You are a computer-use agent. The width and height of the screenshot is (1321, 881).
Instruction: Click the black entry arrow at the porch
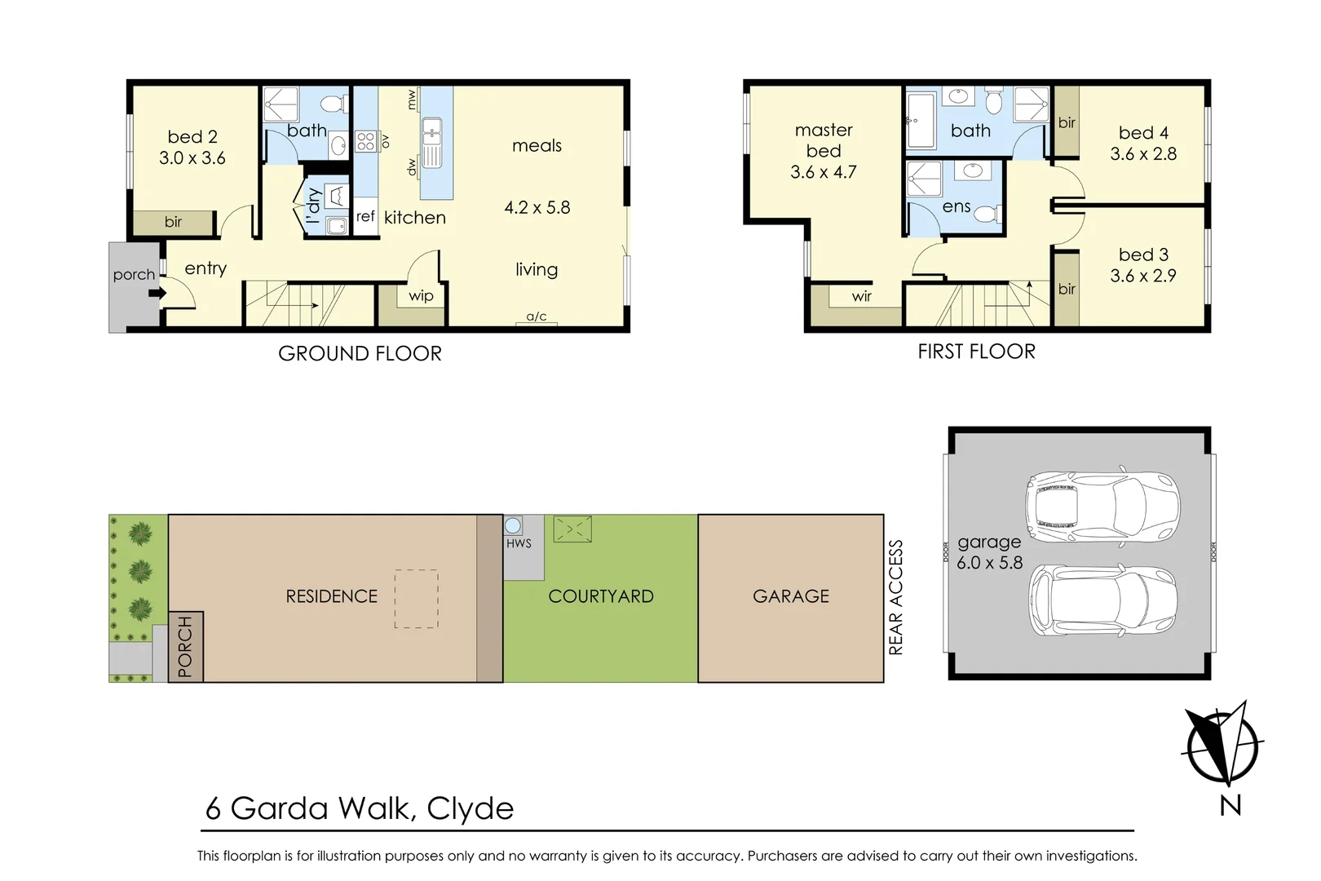point(157,293)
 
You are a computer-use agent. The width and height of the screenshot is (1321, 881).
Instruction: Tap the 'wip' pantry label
point(421,296)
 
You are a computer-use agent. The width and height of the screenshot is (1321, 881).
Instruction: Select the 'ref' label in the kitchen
point(365,217)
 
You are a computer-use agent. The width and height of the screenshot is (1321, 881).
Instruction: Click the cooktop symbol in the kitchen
point(365,141)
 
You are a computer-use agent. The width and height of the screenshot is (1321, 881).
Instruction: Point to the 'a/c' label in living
point(537,317)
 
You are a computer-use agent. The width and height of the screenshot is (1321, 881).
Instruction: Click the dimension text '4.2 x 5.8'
point(537,207)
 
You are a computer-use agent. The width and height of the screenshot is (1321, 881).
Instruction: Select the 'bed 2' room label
point(192,137)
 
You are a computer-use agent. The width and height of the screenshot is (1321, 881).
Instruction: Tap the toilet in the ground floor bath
point(331,105)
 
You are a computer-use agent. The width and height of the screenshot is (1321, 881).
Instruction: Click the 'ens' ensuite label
point(957,206)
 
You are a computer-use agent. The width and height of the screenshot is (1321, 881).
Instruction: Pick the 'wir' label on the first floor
point(862,297)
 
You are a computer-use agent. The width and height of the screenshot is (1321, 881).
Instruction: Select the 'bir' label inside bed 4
point(1067,123)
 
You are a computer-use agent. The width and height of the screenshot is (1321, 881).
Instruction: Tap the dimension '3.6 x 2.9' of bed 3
point(1142,276)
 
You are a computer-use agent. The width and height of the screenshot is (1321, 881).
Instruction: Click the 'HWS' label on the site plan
point(519,543)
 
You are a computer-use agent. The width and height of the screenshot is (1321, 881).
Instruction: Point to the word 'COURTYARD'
point(601,596)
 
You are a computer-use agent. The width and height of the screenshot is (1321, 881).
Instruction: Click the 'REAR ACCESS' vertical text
point(895,597)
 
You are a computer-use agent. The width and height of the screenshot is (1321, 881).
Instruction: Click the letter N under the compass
point(1230,805)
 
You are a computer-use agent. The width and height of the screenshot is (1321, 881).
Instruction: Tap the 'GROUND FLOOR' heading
point(360,353)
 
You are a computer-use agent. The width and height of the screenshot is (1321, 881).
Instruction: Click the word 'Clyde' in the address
point(471,808)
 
